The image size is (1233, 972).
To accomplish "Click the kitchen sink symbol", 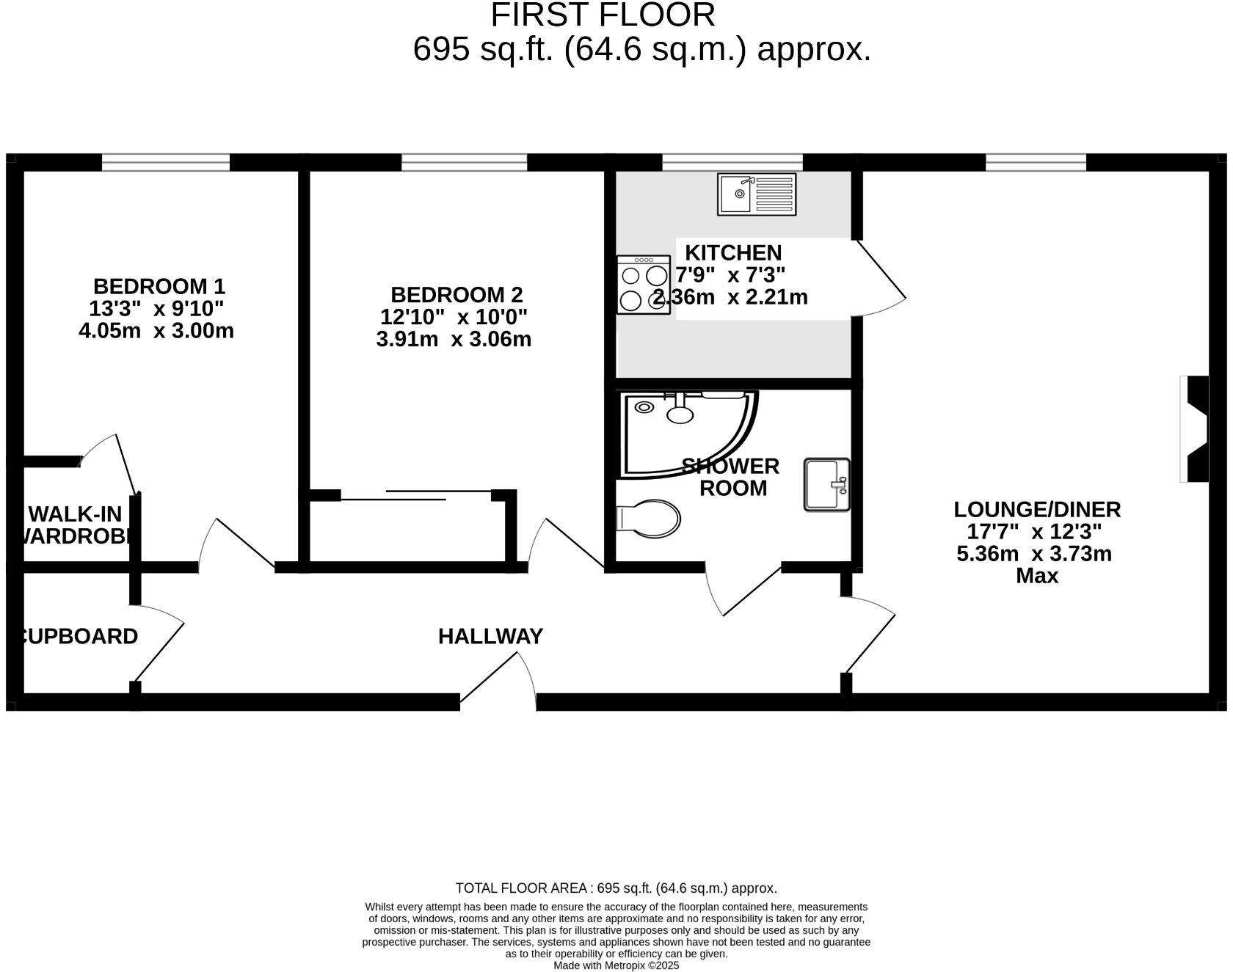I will tap(756, 194).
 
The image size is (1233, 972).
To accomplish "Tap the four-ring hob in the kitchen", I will tap(643, 285).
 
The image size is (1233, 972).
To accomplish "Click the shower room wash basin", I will tap(826, 484).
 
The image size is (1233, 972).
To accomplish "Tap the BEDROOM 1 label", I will tap(159, 286).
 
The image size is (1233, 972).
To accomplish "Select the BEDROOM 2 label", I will tap(457, 295).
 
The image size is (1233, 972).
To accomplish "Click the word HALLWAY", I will tap(490, 636).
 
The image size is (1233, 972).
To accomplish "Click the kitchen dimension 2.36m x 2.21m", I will tap(731, 297).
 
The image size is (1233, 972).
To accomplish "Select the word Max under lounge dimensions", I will tap(1036, 576).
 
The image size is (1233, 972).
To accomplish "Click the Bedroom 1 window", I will tap(165, 162).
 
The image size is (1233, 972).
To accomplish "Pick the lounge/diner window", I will tap(1035, 162).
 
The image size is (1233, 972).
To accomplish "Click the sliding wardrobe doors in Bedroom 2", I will tap(415, 495).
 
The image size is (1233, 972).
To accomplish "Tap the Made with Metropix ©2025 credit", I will tap(616, 965).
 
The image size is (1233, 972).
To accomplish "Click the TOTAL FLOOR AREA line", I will tap(616, 888).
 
